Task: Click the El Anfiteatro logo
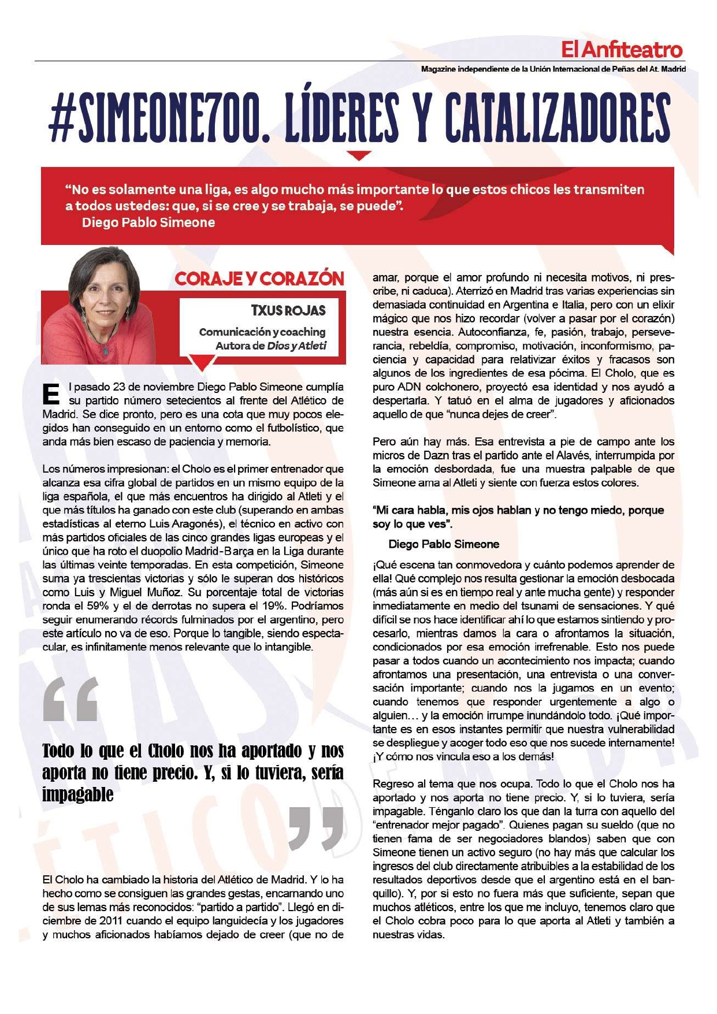(x=622, y=50)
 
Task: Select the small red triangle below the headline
(x=360, y=155)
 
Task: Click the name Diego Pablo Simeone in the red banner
(x=148, y=222)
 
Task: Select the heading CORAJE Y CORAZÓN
(x=259, y=279)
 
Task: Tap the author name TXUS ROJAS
(x=288, y=310)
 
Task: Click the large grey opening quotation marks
(x=70, y=700)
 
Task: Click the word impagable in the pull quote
(x=77, y=795)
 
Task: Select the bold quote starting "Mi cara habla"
(x=518, y=517)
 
